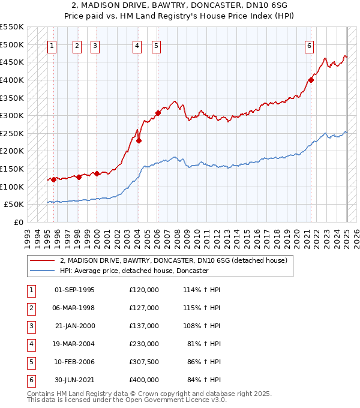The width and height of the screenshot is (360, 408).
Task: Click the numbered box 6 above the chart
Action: pos(309,46)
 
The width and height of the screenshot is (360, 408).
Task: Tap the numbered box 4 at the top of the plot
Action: pos(137,46)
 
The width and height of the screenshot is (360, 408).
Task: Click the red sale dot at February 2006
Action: pos(158,113)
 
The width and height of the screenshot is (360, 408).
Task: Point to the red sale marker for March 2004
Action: pos(139,140)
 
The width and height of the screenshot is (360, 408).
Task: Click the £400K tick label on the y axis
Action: pos(11,80)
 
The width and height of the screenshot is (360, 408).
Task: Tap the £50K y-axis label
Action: pos(14,205)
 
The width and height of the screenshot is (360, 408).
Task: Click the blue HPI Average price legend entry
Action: pos(133,271)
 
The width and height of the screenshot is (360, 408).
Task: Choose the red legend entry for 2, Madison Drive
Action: pos(174,260)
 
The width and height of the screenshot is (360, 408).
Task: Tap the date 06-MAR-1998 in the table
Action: pos(74,308)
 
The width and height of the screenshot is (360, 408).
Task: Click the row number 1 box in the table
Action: pos(31,290)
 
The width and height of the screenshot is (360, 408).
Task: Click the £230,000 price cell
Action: pos(144,344)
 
